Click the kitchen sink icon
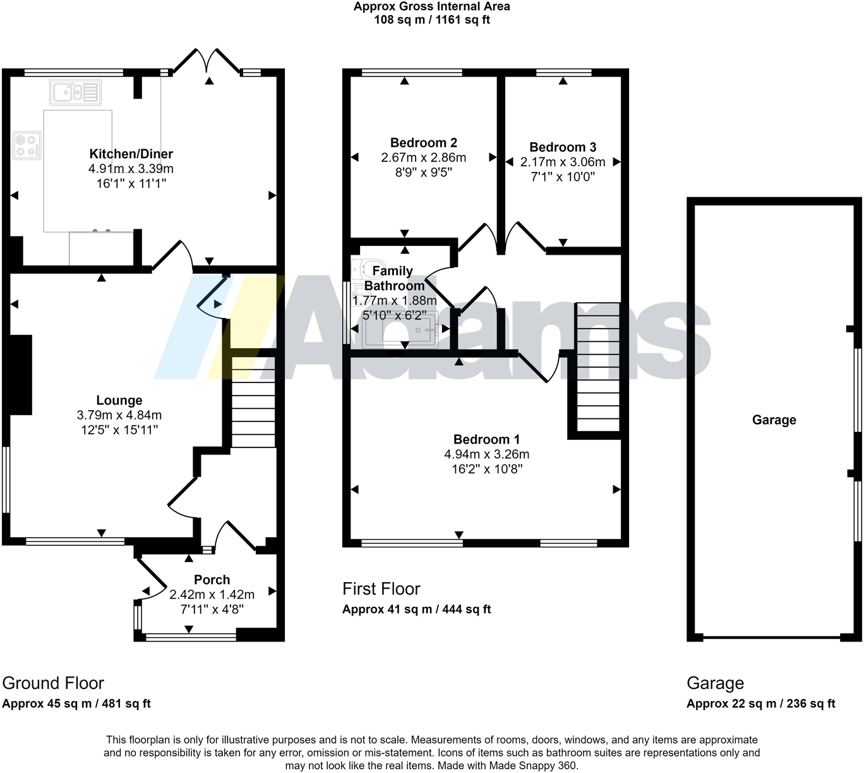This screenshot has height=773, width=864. pos(75,92)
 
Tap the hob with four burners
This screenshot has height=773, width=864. pos(27,145)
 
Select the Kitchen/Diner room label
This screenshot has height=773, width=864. pos(131,154)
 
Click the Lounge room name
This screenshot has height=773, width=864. pos(119,400)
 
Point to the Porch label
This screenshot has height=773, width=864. pos(212,580)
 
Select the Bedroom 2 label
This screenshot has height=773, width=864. pos(423,143)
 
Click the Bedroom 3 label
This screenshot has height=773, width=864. pos(562,147)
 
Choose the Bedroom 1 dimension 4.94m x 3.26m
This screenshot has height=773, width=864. pos(486,454)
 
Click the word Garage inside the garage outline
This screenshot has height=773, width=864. pos(774,420)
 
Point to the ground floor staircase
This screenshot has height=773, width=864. pos(253,402)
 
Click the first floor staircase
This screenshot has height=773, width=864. pos(598,367)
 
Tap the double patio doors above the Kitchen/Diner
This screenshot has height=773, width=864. pos(207,61)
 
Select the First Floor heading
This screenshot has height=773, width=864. pos(381,588)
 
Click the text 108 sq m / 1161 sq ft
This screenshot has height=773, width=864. pos(431,20)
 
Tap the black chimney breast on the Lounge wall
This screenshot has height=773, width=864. pos(20,375)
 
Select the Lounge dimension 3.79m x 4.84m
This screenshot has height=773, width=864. pos(119,415)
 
